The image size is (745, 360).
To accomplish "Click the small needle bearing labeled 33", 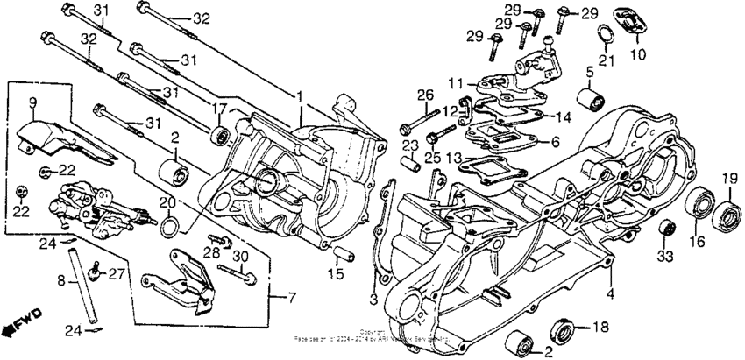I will click(668, 229).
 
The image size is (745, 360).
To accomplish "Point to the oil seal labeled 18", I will click(560, 332).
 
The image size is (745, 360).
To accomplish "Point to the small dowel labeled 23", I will click(409, 163).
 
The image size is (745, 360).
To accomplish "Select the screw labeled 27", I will click(95, 277).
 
